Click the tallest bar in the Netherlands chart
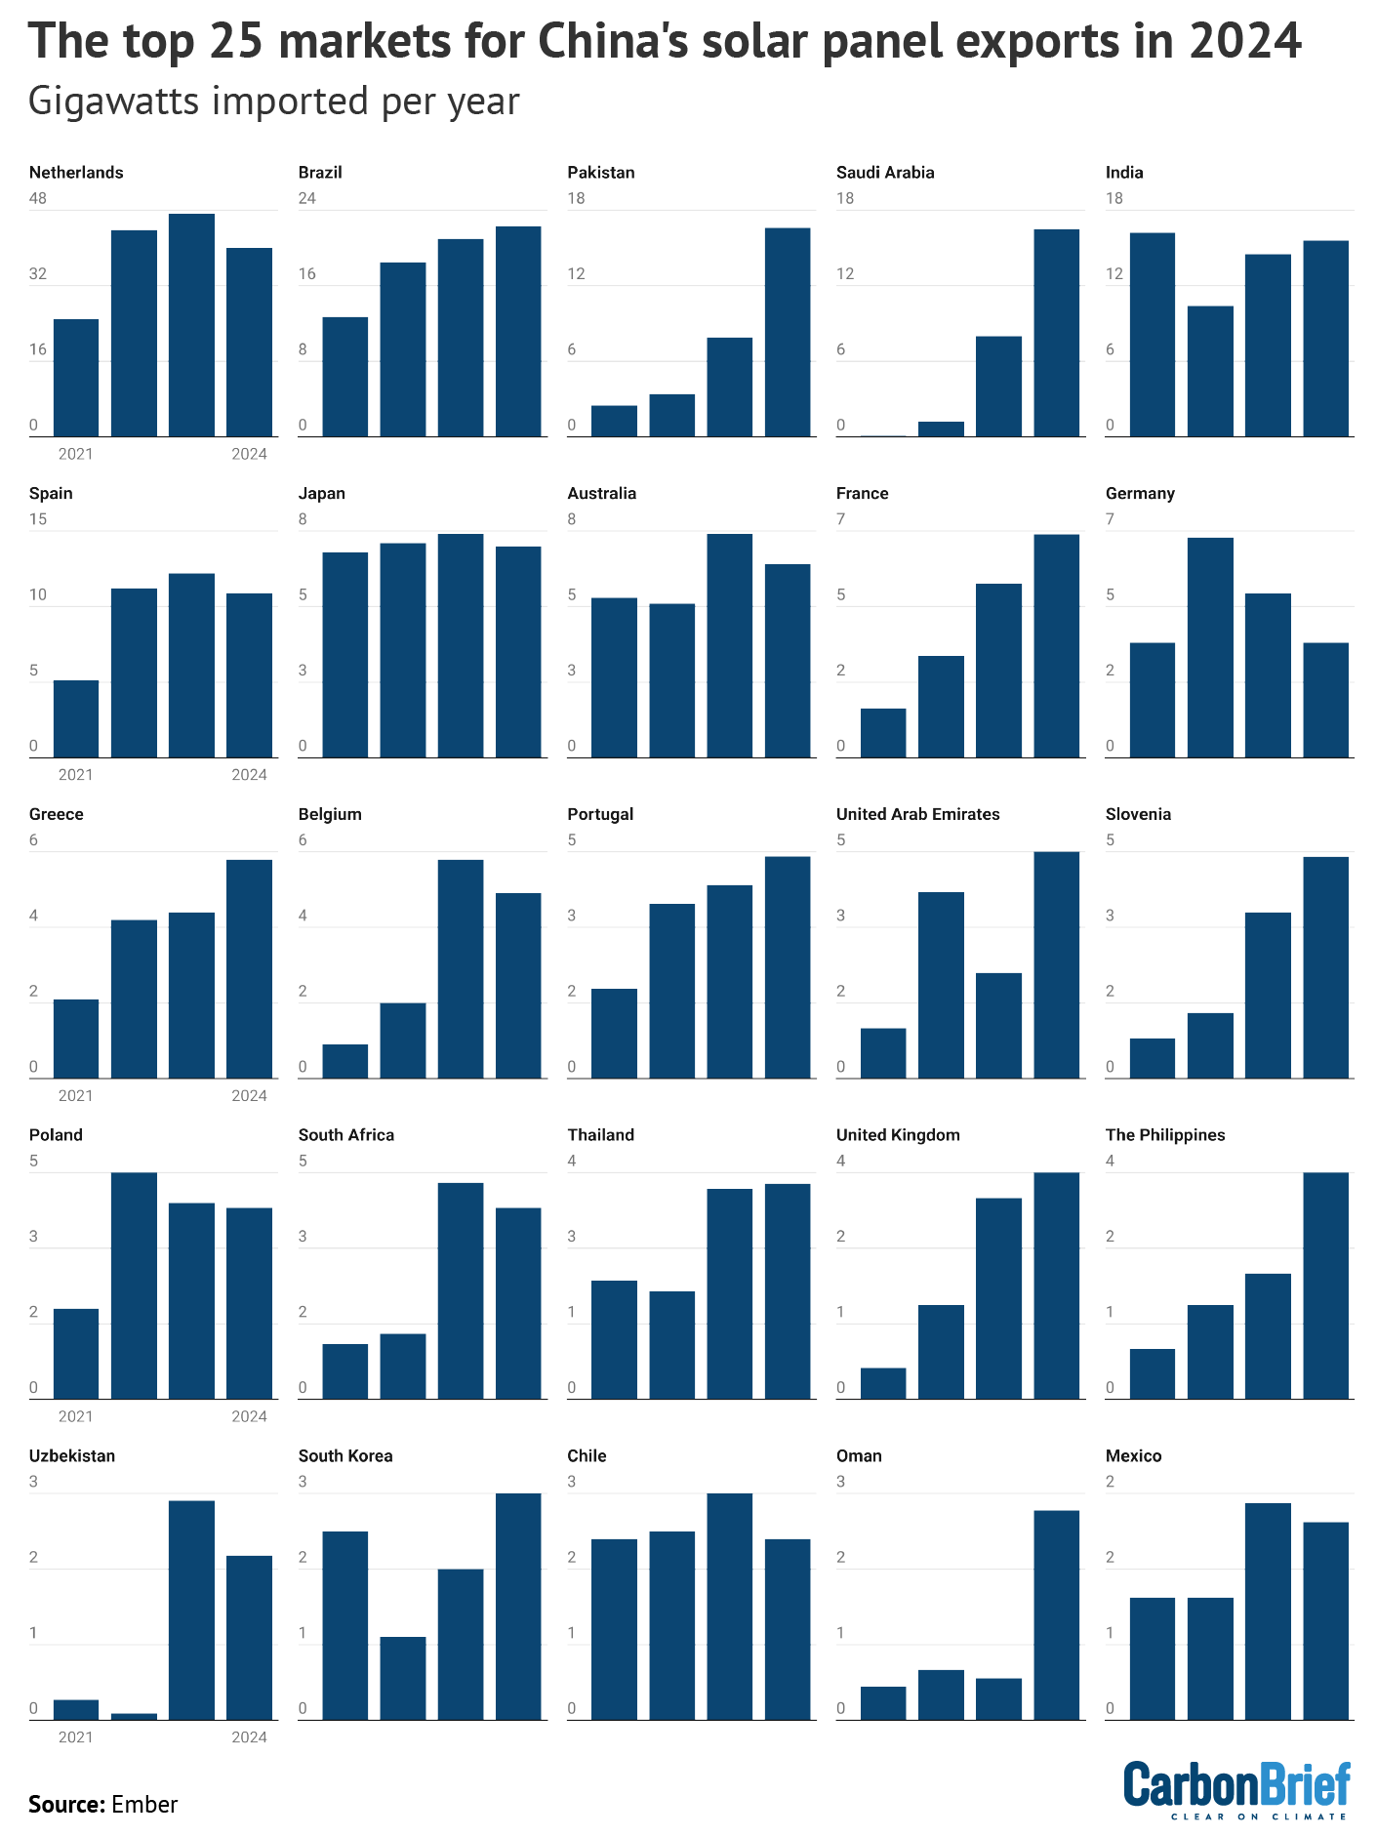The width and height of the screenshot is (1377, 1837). tap(191, 325)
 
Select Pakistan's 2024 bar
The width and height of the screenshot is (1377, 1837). tap(788, 332)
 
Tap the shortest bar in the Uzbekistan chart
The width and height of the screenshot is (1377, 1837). tap(134, 1716)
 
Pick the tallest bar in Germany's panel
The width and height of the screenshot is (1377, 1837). tap(1210, 647)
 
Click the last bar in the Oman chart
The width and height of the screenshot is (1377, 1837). tap(1057, 1615)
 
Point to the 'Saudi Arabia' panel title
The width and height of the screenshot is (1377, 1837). tap(885, 173)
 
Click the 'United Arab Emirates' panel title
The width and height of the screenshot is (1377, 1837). tap(917, 814)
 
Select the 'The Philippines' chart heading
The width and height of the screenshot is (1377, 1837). tap(1164, 1135)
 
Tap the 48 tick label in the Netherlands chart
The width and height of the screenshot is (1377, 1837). tap(38, 198)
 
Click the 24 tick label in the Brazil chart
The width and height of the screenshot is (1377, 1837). tap(307, 198)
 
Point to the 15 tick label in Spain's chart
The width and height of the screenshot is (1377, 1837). tap(38, 519)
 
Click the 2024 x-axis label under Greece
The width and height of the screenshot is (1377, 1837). tap(249, 1095)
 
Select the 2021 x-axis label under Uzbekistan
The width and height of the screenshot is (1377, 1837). tap(75, 1736)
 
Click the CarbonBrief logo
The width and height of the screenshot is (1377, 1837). tap(1236, 1789)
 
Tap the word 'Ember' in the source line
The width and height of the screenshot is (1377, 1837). tap(144, 1804)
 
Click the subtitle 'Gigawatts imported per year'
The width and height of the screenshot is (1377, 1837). tap(273, 102)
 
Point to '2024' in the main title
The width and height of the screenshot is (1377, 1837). tap(1245, 41)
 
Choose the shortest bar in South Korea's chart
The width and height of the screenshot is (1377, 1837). tap(403, 1679)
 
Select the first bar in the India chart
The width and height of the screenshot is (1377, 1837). tap(1153, 335)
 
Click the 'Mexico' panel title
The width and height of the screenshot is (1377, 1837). tap(1133, 1456)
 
